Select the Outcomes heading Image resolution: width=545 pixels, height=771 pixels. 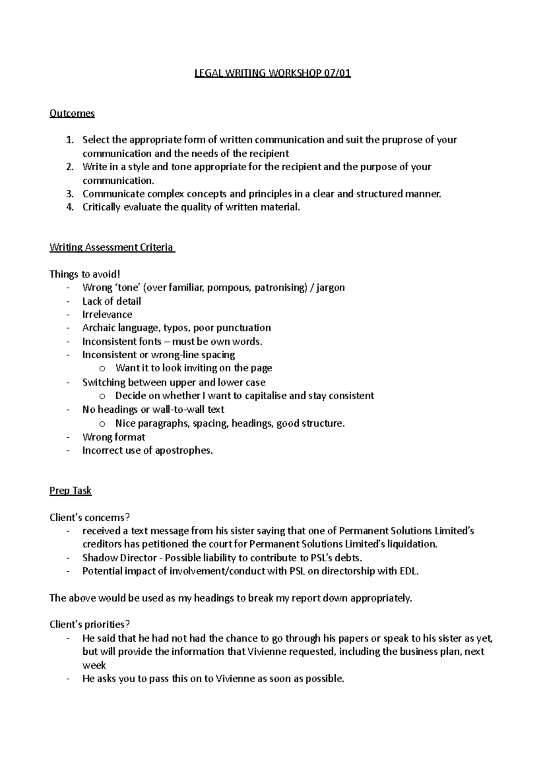[72, 113]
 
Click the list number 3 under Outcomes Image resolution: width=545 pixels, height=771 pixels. [69, 194]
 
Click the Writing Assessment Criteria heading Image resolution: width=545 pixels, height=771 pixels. [111, 247]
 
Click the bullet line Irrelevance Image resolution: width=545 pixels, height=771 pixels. [107, 314]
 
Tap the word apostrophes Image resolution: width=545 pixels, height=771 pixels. [183, 450]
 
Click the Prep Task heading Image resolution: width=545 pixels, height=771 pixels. [70, 491]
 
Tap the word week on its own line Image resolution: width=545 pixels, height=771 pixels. [94, 665]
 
